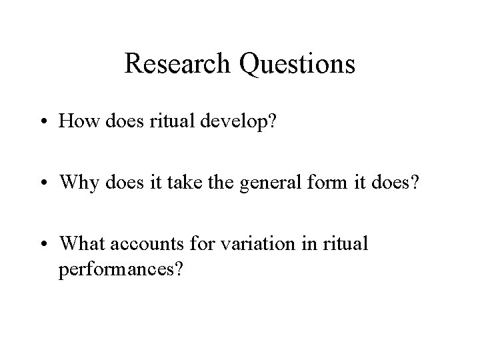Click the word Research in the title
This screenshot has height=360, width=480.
click(x=173, y=64)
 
